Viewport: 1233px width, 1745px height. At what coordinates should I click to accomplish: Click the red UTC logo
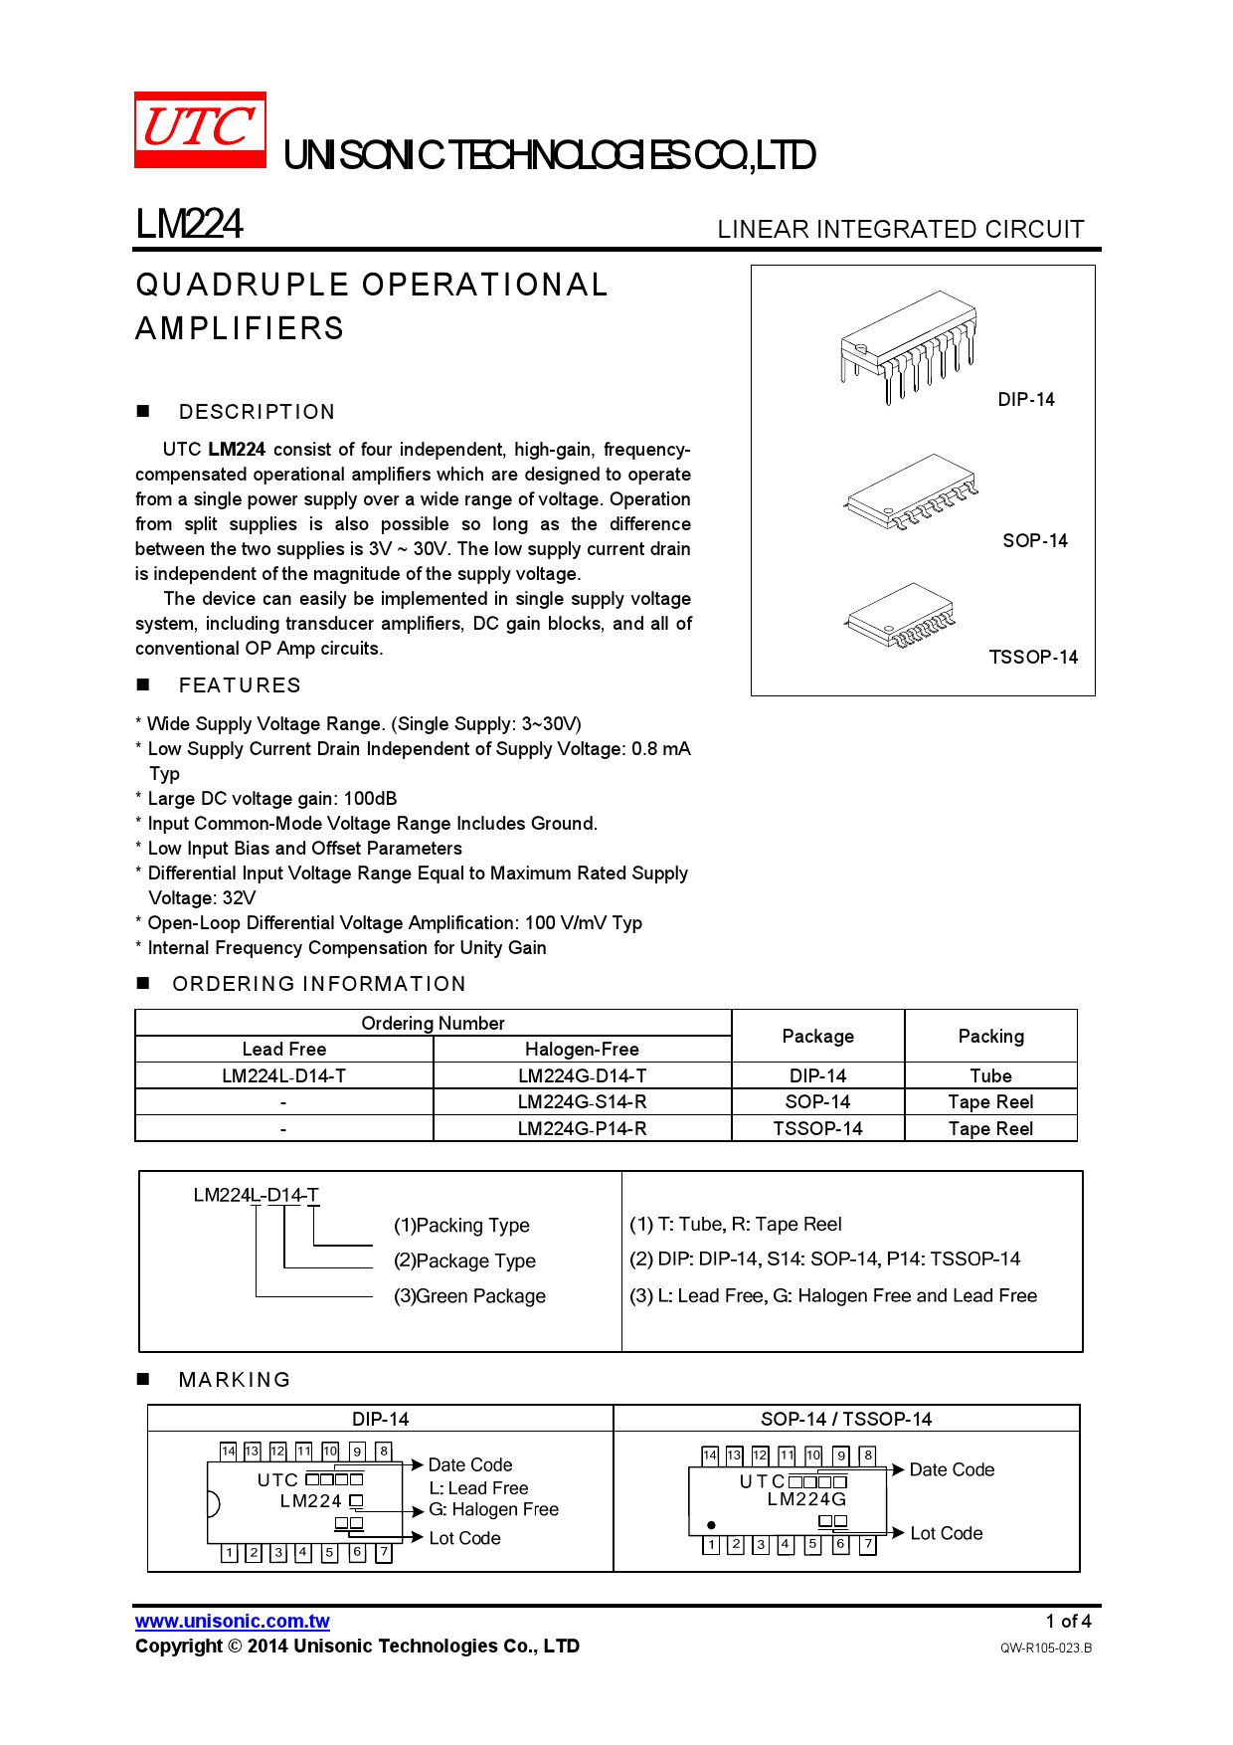[x=200, y=129]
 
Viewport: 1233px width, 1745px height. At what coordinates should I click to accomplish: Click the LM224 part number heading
[x=189, y=224]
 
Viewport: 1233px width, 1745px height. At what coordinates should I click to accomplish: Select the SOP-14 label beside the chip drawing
[x=1034, y=540]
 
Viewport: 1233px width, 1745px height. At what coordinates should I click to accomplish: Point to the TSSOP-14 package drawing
[x=900, y=616]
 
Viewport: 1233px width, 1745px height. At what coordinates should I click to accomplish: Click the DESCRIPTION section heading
[x=257, y=412]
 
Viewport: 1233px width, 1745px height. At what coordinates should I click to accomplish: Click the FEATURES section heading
[x=239, y=685]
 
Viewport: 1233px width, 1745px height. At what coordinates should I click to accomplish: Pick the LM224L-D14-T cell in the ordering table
[x=283, y=1075]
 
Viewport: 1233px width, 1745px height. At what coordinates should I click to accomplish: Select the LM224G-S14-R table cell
[x=582, y=1101]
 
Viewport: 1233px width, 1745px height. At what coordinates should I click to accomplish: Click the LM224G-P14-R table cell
[x=582, y=1128]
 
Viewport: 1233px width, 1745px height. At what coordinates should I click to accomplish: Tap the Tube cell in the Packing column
[x=990, y=1075]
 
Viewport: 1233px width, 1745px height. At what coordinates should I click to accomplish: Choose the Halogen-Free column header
[x=582, y=1049]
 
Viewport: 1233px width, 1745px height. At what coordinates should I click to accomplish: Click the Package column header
[x=817, y=1036]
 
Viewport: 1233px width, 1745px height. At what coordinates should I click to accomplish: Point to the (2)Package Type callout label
[x=464, y=1260]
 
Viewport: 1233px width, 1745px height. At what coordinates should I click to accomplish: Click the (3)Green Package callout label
[x=469, y=1296]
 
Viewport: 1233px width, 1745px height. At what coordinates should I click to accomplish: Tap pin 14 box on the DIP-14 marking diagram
[x=229, y=1451]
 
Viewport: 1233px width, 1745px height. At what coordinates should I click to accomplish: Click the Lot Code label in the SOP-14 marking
[x=946, y=1533]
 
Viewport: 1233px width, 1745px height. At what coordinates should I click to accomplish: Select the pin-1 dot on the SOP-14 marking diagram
[x=711, y=1524]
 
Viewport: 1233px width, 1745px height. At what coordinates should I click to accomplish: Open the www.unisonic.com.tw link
[x=233, y=1621]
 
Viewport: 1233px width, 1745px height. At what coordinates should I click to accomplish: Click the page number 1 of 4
[x=1068, y=1621]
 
